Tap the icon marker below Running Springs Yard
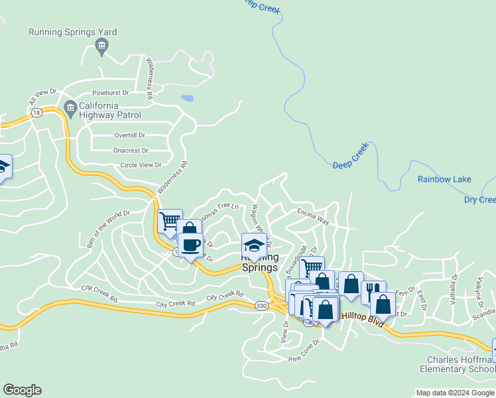[101, 45]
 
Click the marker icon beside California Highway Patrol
[70, 107]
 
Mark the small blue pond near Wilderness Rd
[187, 98]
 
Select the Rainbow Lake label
[444, 179]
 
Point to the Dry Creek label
[479, 200]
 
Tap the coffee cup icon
[191, 245]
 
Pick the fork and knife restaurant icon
[373, 289]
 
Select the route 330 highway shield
[262, 304]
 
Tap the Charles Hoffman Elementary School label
[457, 364]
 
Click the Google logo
[22, 390]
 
